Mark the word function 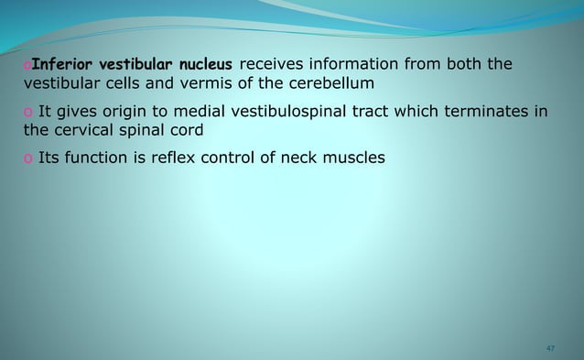(97, 158)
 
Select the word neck (306, 158)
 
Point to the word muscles (359, 158)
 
